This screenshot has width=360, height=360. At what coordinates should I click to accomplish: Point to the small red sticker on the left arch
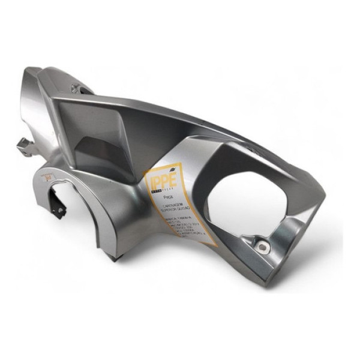[x=47, y=177]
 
